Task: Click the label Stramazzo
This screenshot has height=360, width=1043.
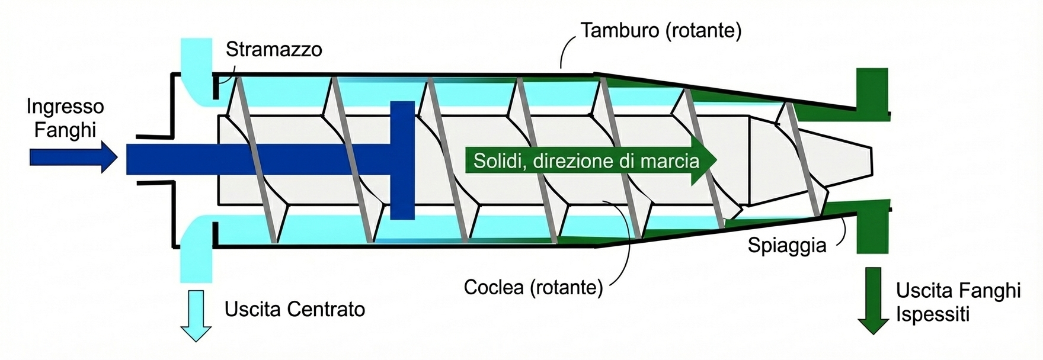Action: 274,49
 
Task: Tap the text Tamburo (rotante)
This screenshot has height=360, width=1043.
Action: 661,30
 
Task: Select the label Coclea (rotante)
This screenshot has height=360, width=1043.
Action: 533,287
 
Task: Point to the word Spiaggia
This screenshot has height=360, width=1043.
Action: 786,245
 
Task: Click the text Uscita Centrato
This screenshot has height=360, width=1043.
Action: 295,309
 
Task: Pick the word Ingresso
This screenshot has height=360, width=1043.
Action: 65,107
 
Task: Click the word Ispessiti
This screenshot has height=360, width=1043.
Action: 932,314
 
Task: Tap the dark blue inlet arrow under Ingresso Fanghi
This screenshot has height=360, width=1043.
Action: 73,157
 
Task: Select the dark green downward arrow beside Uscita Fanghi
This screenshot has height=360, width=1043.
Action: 873,300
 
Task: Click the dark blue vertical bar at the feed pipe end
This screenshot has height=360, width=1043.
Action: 402,160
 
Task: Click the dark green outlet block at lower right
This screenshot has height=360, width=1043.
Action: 873,226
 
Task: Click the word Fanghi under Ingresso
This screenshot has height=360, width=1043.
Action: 65,129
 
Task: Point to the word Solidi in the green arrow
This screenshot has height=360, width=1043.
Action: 500,160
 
